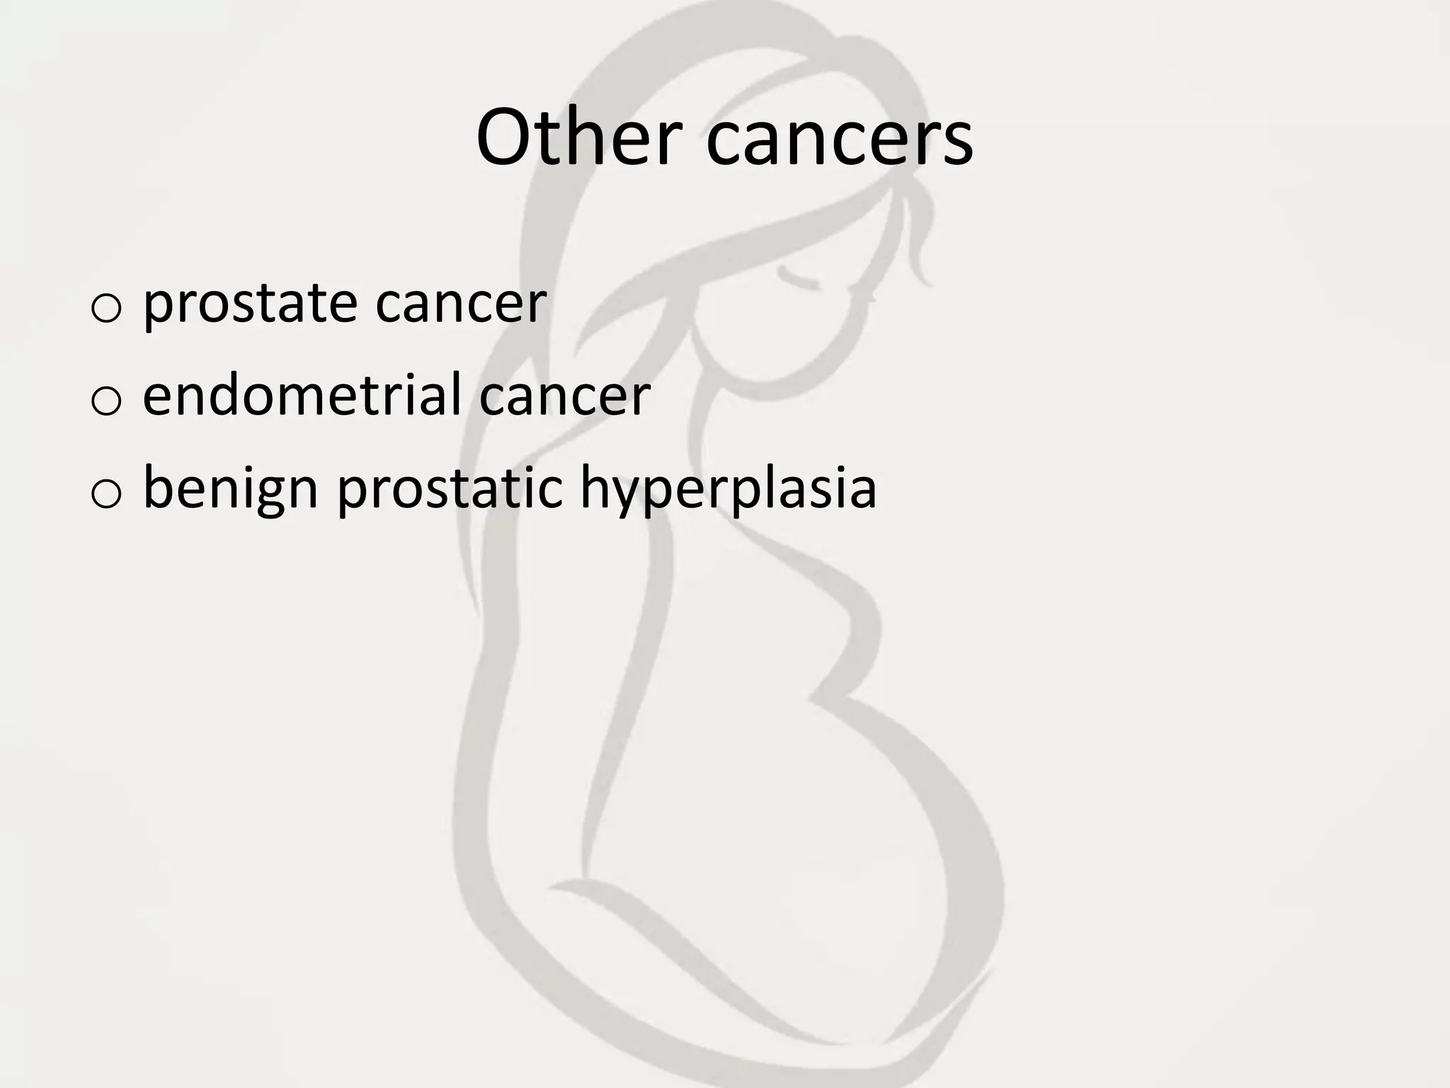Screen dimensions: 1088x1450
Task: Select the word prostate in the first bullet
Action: pos(250,305)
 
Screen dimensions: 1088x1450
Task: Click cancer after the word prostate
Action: pos(461,305)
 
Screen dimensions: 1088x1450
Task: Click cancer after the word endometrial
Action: pos(564,395)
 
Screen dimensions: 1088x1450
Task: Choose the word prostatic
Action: pos(450,489)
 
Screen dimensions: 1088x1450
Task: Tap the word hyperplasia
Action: pos(729,489)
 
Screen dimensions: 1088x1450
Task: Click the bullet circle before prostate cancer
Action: pos(106,309)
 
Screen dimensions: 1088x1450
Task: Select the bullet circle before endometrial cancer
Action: pos(106,400)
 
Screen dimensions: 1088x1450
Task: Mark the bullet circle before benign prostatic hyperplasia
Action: pos(106,494)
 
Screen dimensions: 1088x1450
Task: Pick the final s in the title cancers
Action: pos(957,144)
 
